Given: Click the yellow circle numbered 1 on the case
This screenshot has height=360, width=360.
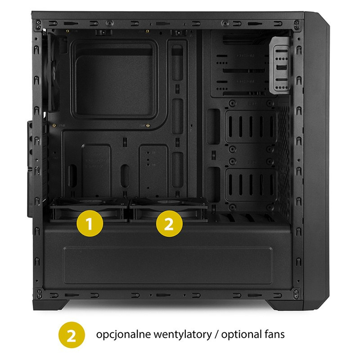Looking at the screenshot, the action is pos(90,223).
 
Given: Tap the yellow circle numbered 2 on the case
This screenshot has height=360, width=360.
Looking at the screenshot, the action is pos(169,224).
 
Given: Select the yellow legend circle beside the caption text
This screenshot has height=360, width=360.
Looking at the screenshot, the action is pos(72,335).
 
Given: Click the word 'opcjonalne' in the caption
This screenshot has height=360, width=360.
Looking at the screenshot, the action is pos(123,335).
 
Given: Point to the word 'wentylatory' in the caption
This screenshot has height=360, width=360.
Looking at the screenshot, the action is pos(183,335).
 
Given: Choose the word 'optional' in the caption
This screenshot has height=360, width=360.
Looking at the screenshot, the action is pos(241,335).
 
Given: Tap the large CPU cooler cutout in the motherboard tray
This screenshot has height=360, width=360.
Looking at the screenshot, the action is pos(115,79).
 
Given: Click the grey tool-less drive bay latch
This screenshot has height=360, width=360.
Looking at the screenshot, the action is pos(279,65).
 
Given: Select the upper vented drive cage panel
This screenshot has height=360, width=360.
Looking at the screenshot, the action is pos(251,127).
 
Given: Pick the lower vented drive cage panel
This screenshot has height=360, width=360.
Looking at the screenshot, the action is pos(251,185).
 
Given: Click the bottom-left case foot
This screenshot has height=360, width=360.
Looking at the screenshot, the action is pos(51,305).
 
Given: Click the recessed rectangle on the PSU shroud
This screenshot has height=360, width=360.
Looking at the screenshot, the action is pos(168,265).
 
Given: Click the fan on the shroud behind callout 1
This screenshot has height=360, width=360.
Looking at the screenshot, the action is pos(89,209).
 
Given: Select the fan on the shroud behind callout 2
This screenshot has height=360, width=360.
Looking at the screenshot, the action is pos(168,209).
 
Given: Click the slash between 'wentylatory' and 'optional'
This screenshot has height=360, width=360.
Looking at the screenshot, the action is pos(216,335).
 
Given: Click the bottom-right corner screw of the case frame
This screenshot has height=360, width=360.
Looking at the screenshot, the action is pos(296,293).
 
